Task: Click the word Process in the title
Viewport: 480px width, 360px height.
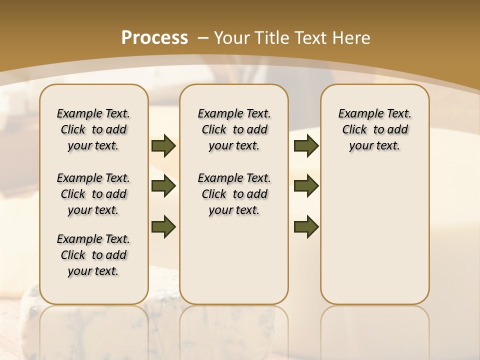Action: (x=154, y=38)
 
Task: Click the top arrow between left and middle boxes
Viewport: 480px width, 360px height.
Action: (x=163, y=146)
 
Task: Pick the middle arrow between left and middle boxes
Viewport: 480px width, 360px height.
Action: (x=163, y=186)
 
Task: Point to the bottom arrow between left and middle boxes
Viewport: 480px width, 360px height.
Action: (x=163, y=227)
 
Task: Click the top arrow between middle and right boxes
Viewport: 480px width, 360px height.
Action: (x=306, y=146)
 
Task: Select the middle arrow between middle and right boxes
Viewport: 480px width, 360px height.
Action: (x=306, y=186)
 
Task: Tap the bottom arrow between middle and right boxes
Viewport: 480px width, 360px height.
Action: (x=306, y=227)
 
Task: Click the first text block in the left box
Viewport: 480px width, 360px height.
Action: (x=93, y=129)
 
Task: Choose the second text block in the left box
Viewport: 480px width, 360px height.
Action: (x=93, y=194)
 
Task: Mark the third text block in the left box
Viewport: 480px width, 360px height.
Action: (x=93, y=255)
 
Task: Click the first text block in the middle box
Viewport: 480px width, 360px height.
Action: (x=234, y=129)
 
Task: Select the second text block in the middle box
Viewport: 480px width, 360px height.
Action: (x=234, y=194)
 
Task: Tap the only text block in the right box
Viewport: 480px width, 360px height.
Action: (x=375, y=129)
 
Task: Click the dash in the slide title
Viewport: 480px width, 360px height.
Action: (x=202, y=38)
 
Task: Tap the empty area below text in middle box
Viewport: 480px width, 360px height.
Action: (x=234, y=260)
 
